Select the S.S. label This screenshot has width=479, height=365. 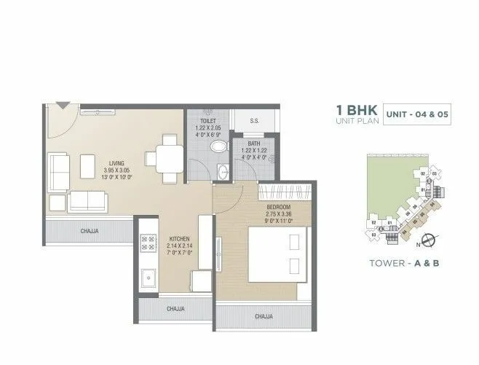coord(255,121)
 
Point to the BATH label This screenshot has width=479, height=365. coord(254,144)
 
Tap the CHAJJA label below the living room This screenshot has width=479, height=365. coord(90,231)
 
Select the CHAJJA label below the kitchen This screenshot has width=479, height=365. coord(175,309)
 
